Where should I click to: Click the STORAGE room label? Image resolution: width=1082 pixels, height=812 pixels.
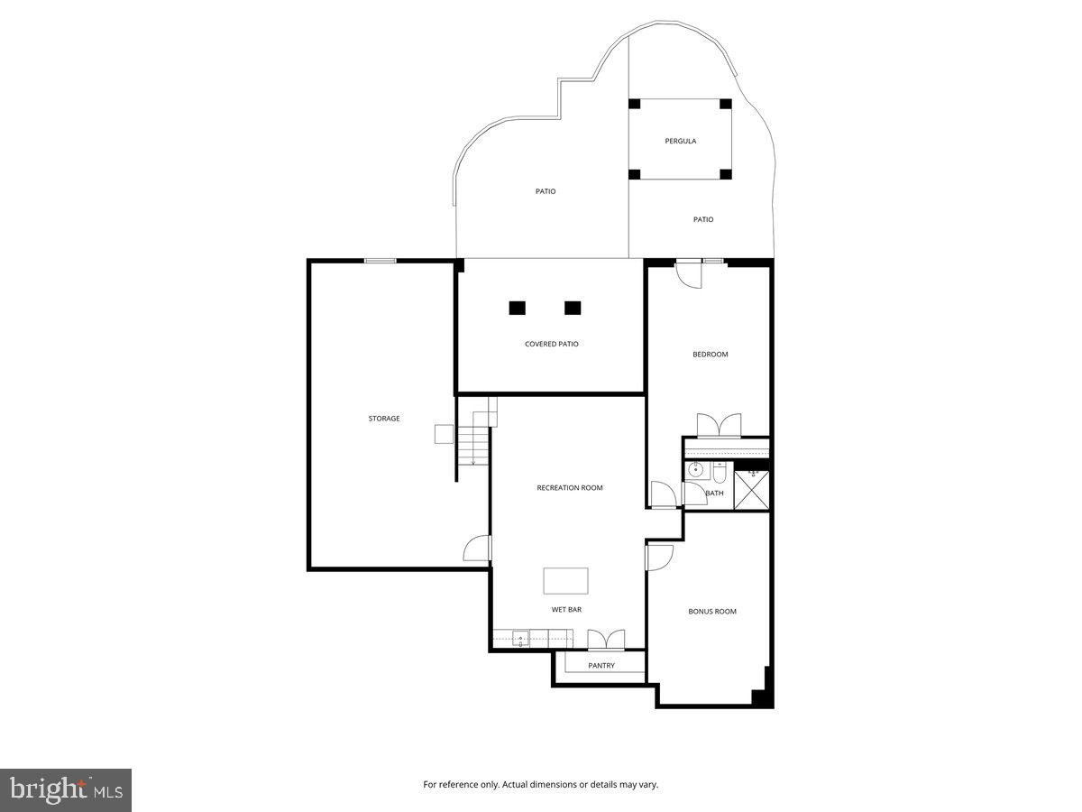click(x=384, y=419)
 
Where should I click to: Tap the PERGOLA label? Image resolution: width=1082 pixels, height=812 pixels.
click(x=681, y=141)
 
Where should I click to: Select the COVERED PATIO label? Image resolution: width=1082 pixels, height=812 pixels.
click(x=552, y=344)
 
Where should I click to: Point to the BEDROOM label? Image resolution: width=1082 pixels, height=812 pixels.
click(x=711, y=355)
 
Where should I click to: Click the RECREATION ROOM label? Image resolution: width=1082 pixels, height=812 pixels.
click(x=570, y=488)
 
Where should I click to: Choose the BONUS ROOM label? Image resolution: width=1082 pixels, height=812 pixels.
click(x=712, y=612)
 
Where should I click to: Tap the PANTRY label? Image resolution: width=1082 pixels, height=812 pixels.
click(x=601, y=666)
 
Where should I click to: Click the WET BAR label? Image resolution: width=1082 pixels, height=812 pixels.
click(x=566, y=610)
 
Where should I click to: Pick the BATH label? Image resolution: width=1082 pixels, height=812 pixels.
click(x=714, y=493)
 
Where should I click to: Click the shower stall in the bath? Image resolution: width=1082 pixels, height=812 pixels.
click(x=751, y=491)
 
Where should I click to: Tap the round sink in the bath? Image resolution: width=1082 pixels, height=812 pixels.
click(x=695, y=470)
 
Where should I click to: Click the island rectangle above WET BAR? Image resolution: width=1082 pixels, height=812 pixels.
click(x=565, y=581)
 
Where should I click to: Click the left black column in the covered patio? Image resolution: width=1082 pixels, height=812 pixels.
click(x=517, y=308)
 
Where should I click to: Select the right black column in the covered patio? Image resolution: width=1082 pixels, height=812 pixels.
click(x=573, y=308)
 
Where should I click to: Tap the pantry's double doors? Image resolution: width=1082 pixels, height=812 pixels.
click(x=606, y=640)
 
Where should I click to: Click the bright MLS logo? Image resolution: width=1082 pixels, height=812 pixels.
click(x=66, y=790)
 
